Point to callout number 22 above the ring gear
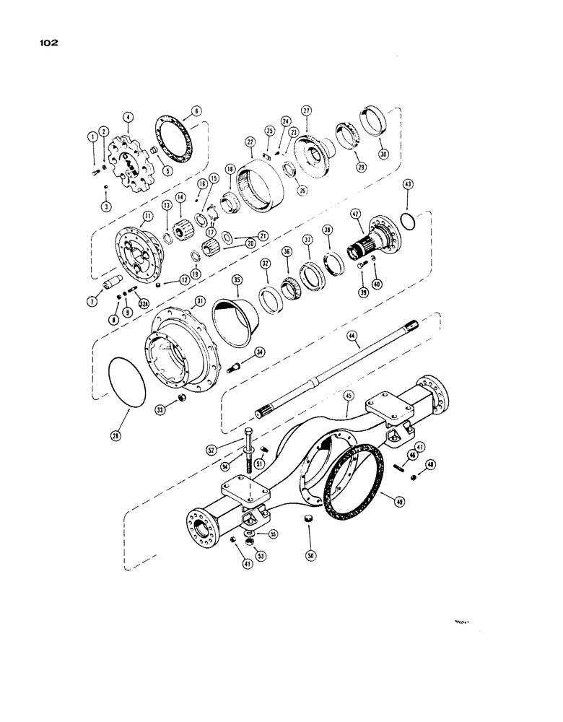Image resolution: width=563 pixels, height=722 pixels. click(x=250, y=142)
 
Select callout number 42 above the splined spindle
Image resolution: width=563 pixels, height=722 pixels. click(x=354, y=214)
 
